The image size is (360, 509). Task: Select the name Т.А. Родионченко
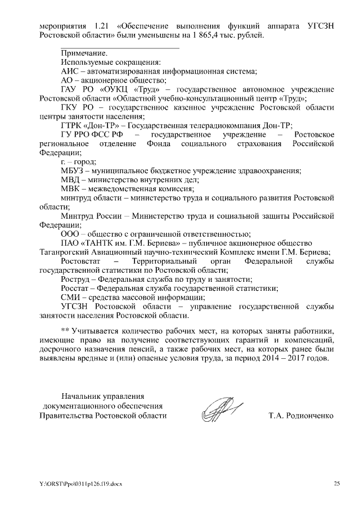tap(302, 416)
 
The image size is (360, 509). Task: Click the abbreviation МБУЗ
tap(72, 170)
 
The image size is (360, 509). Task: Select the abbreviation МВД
tap(71, 179)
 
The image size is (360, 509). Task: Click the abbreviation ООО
tap(70, 233)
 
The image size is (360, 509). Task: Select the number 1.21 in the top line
tap(103, 26)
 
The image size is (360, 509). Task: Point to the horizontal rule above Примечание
tap(120, 47)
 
